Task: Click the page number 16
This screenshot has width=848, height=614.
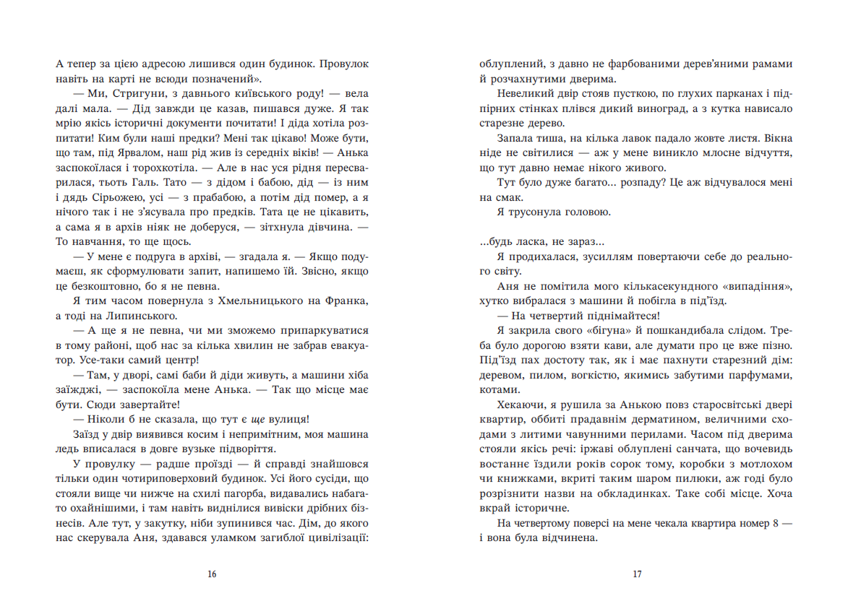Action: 211,574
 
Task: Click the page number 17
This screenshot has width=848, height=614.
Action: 637,574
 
